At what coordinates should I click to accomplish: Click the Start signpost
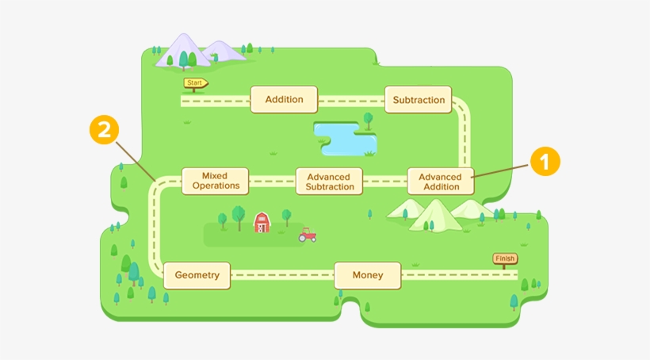(x=195, y=82)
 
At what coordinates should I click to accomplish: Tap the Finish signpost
(x=504, y=259)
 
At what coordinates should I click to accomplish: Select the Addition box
(x=284, y=100)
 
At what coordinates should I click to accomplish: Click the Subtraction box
(x=419, y=100)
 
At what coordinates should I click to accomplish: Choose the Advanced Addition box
(x=441, y=182)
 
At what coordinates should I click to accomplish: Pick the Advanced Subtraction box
(x=329, y=182)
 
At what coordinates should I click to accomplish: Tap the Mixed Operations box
(x=215, y=181)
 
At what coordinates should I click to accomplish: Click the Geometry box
(x=197, y=275)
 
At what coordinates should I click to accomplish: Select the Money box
(x=368, y=275)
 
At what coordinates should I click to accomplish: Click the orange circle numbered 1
(x=545, y=163)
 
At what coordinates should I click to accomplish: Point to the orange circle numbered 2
(x=104, y=130)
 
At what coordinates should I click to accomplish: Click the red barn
(x=262, y=223)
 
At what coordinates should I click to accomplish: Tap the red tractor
(x=308, y=235)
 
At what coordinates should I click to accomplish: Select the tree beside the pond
(x=368, y=120)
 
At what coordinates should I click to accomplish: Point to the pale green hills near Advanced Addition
(x=437, y=214)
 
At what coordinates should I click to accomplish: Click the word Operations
(x=215, y=186)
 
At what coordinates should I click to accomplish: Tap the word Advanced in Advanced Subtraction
(x=329, y=177)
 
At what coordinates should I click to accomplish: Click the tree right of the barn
(x=286, y=216)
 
